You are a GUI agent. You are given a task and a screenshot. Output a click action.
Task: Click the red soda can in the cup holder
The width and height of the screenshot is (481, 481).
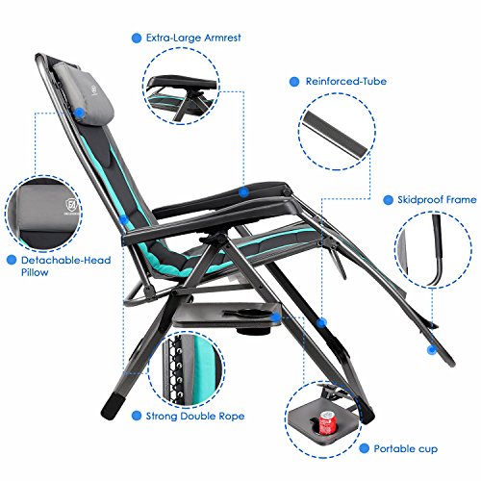pos(326,422)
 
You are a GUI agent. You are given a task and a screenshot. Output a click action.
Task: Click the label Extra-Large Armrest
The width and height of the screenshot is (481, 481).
pos(193,38)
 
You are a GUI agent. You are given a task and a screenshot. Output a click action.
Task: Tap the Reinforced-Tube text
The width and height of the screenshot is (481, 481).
pos(346,82)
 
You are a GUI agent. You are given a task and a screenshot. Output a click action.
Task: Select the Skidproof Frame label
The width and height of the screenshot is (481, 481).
pos(437,200)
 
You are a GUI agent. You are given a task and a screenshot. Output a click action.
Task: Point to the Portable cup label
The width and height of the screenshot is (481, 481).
pos(406,449)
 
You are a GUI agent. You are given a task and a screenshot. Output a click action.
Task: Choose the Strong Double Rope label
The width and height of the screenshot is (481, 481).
pos(195,417)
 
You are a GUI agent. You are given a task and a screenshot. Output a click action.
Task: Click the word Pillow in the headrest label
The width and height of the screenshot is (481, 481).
pos(35,272)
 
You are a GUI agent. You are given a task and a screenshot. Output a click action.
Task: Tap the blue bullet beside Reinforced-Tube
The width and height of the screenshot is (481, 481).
pos(294,82)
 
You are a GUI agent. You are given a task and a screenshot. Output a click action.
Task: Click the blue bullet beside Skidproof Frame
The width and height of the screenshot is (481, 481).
pos(388,200)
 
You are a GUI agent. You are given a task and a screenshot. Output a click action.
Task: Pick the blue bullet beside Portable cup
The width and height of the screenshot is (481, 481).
pos(365,448)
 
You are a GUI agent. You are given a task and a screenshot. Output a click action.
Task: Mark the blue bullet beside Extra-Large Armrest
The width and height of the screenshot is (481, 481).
pos(137,38)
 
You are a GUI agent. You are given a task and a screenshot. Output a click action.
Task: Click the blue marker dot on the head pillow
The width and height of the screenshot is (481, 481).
pos(79,113)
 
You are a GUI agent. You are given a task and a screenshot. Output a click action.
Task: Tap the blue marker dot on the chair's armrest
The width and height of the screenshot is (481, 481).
pos(244,192)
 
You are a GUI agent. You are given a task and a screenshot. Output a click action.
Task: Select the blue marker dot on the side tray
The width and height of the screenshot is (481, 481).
pos(275,317)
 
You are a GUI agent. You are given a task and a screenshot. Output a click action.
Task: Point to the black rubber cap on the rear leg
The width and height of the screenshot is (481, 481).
pos(110,407)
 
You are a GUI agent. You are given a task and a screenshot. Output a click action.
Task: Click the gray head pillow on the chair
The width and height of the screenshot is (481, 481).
pos(84,90)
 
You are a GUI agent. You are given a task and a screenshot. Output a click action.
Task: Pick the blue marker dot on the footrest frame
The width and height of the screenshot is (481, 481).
pos(432,349)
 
